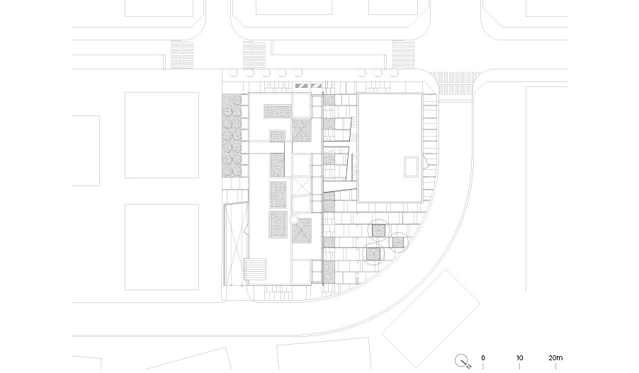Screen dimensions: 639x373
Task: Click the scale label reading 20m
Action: pyautogui.click(x=555, y=358)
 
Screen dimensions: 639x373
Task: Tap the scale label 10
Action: pyautogui.click(x=519, y=358)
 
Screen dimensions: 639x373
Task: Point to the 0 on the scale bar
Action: pyautogui.click(x=483, y=358)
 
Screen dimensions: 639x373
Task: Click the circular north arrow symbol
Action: pyautogui.click(x=461, y=360)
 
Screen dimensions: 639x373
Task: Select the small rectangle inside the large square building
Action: pyautogui.click(x=411, y=167)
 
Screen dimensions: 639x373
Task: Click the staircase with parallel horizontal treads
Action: pyautogui.click(x=255, y=270)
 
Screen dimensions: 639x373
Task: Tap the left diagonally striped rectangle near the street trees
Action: pyautogui.click(x=302, y=86)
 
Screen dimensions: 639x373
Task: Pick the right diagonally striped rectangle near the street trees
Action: pyautogui.click(x=316, y=86)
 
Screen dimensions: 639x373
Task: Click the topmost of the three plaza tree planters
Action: pyautogui.click(x=378, y=231)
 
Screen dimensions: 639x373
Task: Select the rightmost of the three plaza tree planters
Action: pyautogui.click(x=398, y=243)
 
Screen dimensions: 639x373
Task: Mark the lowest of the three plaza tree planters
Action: pyautogui.click(x=373, y=255)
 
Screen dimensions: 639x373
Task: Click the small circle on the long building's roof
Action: pyautogui.click(x=293, y=220)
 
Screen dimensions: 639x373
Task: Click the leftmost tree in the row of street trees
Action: pyautogui.click(x=233, y=72)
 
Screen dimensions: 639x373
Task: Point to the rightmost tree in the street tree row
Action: pyautogui.click(x=394, y=72)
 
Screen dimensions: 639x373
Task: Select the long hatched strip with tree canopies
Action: pyautogui.click(x=232, y=136)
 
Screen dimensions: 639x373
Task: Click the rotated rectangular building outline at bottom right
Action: pyautogui.click(x=431, y=318)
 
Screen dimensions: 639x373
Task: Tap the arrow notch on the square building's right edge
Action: pyautogui.click(x=426, y=163)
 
